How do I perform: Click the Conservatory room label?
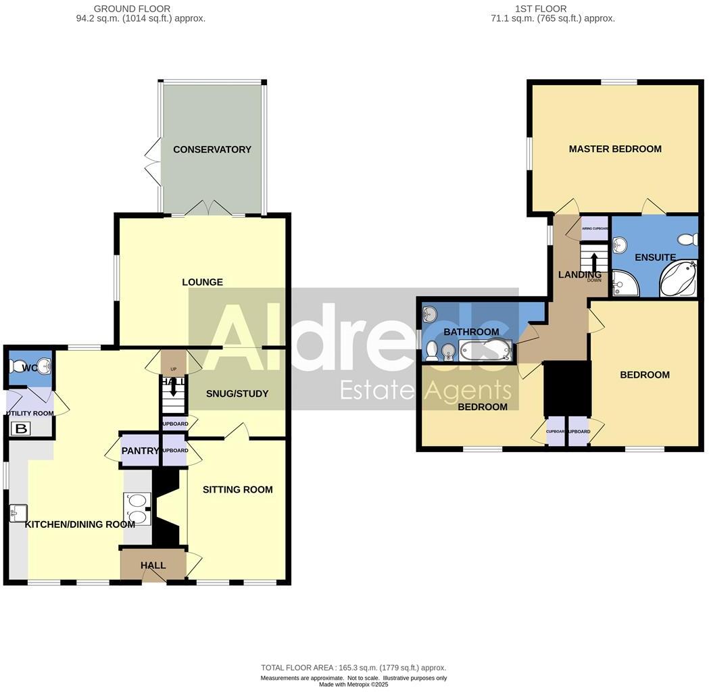click(x=212, y=149)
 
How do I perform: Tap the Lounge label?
click(x=202, y=282)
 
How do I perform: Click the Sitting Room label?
click(x=238, y=489)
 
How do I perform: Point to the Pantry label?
click(x=140, y=451)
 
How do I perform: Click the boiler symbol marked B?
click(x=22, y=428)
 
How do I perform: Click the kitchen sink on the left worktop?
click(x=18, y=514)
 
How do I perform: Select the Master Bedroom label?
click(x=614, y=149)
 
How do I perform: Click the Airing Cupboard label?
click(x=595, y=228)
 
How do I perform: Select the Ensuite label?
click(x=655, y=257)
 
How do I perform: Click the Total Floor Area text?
click(x=353, y=668)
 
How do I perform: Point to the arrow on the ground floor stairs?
click(x=174, y=388)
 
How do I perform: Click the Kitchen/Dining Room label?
click(x=80, y=524)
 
